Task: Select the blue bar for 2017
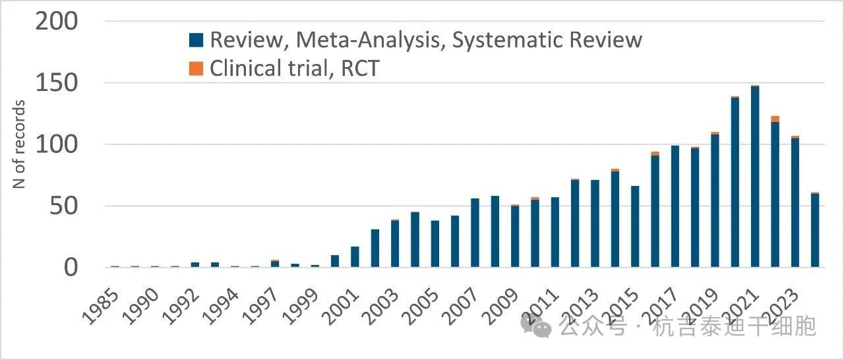point(675,206)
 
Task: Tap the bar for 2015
point(635,227)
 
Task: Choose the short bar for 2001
point(355,256)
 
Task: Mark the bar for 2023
point(795,202)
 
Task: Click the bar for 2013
point(595,224)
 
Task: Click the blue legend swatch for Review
point(196,40)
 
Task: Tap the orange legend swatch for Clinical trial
point(196,68)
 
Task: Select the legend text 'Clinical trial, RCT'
point(294,68)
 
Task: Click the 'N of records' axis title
point(20,144)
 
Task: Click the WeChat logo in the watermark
point(535,326)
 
